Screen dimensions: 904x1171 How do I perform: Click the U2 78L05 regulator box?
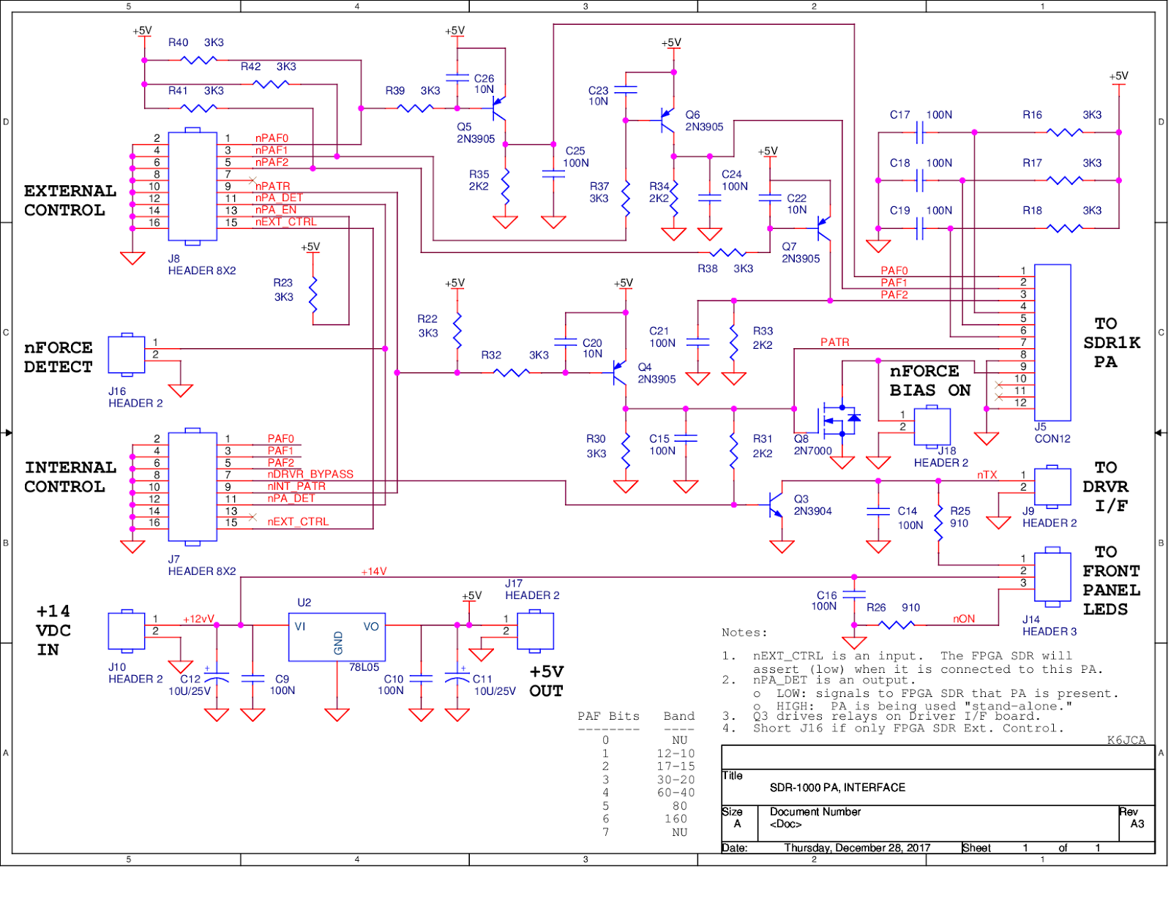(x=337, y=637)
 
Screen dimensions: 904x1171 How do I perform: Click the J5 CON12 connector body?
(x=1052, y=342)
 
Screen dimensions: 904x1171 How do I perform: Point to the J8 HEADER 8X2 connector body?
(x=192, y=187)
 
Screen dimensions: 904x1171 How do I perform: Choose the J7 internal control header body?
(x=192, y=486)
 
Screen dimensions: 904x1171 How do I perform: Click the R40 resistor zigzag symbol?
(x=198, y=60)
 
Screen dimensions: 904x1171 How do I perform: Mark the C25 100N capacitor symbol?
(x=553, y=174)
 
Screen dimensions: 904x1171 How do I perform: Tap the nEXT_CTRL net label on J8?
(x=285, y=222)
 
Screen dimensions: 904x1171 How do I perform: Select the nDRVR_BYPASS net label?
(x=310, y=475)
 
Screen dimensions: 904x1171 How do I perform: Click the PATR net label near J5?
(x=834, y=342)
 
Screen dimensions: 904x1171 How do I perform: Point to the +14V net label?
(x=373, y=572)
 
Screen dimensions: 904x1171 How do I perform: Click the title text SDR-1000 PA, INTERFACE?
(x=837, y=788)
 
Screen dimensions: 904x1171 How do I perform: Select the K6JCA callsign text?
(x=1126, y=740)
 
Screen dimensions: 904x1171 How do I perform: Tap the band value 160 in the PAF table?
(x=676, y=819)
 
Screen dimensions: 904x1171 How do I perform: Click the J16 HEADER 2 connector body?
(x=127, y=355)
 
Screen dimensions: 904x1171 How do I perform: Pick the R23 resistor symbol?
(x=313, y=294)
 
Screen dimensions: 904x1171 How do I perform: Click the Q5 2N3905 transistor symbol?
(x=498, y=108)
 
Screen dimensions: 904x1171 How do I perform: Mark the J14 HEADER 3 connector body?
(x=1052, y=577)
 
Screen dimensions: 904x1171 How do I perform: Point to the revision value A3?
(x=1137, y=824)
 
